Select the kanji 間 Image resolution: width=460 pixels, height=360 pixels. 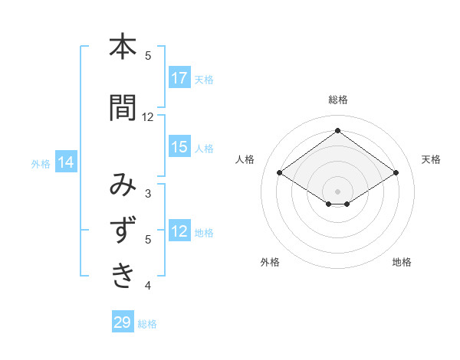[123, 108]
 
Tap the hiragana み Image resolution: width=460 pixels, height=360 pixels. [123, 186]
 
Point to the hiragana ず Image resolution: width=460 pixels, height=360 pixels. [123, 231]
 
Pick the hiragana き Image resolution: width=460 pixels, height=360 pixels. [123, 275]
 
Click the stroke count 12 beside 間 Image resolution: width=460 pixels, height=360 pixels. [148, 117]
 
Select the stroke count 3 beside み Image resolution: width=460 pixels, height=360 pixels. [148, 194]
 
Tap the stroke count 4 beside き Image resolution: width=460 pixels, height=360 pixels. [148, 286]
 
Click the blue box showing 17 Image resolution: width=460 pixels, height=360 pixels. [179, 78]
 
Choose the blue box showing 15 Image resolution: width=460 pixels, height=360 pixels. [179, 147]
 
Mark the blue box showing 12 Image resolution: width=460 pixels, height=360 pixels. [179, 231]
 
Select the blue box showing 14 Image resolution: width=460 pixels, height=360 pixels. [65, 162]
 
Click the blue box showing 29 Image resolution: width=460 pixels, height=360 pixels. [123, 322]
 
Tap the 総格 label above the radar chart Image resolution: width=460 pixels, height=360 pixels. [338, 100]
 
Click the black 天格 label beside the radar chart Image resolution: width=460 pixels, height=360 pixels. [431, 159]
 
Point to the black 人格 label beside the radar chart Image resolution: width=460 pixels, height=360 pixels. [245, 159]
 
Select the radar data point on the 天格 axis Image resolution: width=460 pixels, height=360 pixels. [396, 173]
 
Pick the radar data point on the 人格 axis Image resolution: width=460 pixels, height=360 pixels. [280, 173]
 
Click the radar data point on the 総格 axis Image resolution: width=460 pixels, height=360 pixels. [337, 131]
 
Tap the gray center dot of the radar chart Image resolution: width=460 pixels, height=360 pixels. [337, 191]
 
